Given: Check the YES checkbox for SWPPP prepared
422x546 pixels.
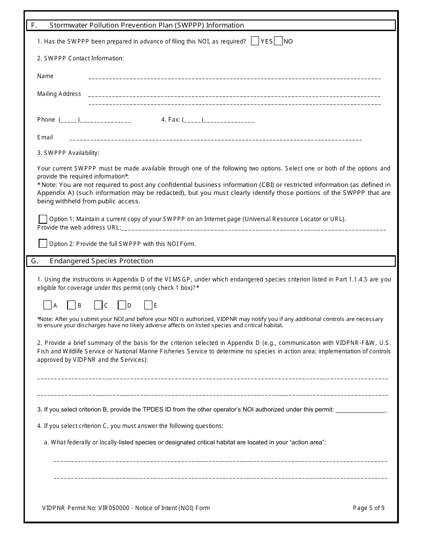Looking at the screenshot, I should (x=255, y=41).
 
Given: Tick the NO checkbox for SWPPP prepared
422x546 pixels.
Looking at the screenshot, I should (x=279, y=41).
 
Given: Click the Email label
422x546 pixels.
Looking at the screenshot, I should (x=45, y=138).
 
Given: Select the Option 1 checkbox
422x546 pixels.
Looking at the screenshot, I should (x=43, y=219).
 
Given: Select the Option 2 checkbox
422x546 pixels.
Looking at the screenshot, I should (x=43, y=243).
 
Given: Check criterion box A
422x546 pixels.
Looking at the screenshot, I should (x=48, y=305).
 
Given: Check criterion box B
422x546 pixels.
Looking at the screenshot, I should (x=72, y=305).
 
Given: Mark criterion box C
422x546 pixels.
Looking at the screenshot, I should (x=98, y=305).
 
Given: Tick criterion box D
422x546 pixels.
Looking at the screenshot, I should (x=122, y=305).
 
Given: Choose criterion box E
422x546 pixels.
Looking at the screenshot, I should (x=148, y=305).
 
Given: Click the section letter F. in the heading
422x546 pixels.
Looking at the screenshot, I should (x=34, y=25).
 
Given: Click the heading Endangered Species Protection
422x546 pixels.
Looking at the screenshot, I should (x=101, y=261).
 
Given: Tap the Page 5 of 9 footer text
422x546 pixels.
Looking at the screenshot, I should (x=369, y=508).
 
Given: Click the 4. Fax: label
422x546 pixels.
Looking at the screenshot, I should (x=171, y=120).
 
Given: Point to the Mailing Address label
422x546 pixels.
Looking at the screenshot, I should (x=59, y=94).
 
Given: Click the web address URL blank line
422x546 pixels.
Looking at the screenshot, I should (x=253, y=229).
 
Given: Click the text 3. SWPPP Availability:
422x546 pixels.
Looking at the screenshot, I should (x=68, y=153).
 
